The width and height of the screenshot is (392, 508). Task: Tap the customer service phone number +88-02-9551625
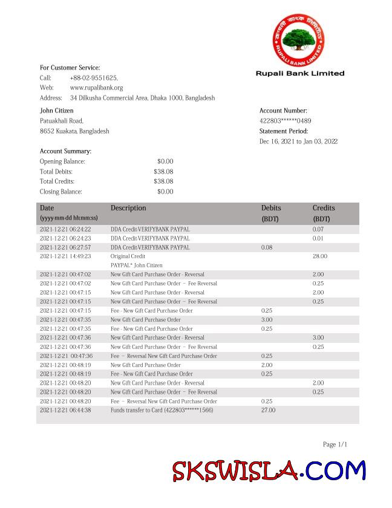(94, 78)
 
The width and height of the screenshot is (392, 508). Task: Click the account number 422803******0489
(285, 121)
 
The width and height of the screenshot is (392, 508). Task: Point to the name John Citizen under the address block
(57, 111)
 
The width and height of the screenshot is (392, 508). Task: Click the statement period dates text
(298, 142)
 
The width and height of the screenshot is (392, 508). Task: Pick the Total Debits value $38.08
(163, 171)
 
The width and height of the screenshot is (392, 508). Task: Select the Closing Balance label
(60, 192)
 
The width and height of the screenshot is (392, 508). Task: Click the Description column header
(128, 208)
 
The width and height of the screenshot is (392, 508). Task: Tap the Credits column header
(324, 208)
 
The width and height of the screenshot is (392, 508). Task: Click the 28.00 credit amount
(319, 256)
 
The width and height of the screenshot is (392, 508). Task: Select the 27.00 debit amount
(268, 410)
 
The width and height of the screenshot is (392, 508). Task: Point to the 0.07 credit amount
(318, 229)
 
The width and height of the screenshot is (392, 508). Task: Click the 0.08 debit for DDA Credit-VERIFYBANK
(267, 247)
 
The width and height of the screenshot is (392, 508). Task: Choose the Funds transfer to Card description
(162, 410)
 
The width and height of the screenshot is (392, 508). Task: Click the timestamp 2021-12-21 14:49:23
(65, 256)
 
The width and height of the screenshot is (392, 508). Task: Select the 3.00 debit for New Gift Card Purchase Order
(267, 319)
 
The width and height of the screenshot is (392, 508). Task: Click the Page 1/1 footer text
(335, 444)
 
